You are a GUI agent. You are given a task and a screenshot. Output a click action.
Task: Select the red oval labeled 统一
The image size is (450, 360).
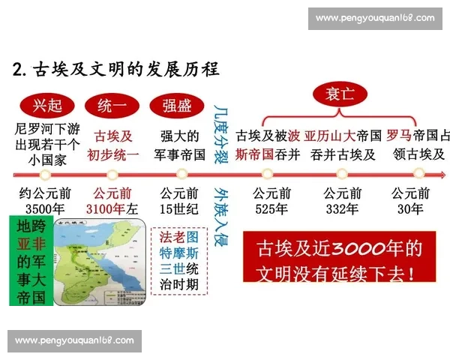click(x=112, y=105)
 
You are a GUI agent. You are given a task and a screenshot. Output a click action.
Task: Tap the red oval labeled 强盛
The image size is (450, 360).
click(x=178, y=105)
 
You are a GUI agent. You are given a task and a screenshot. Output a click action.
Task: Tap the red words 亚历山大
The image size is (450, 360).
click(x=331, y=136)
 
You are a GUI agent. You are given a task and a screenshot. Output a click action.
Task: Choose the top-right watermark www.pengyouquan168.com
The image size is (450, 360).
click(x=374, y=18)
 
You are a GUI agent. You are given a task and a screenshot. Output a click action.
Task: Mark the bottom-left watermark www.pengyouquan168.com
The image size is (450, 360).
click(x=74, y=340)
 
